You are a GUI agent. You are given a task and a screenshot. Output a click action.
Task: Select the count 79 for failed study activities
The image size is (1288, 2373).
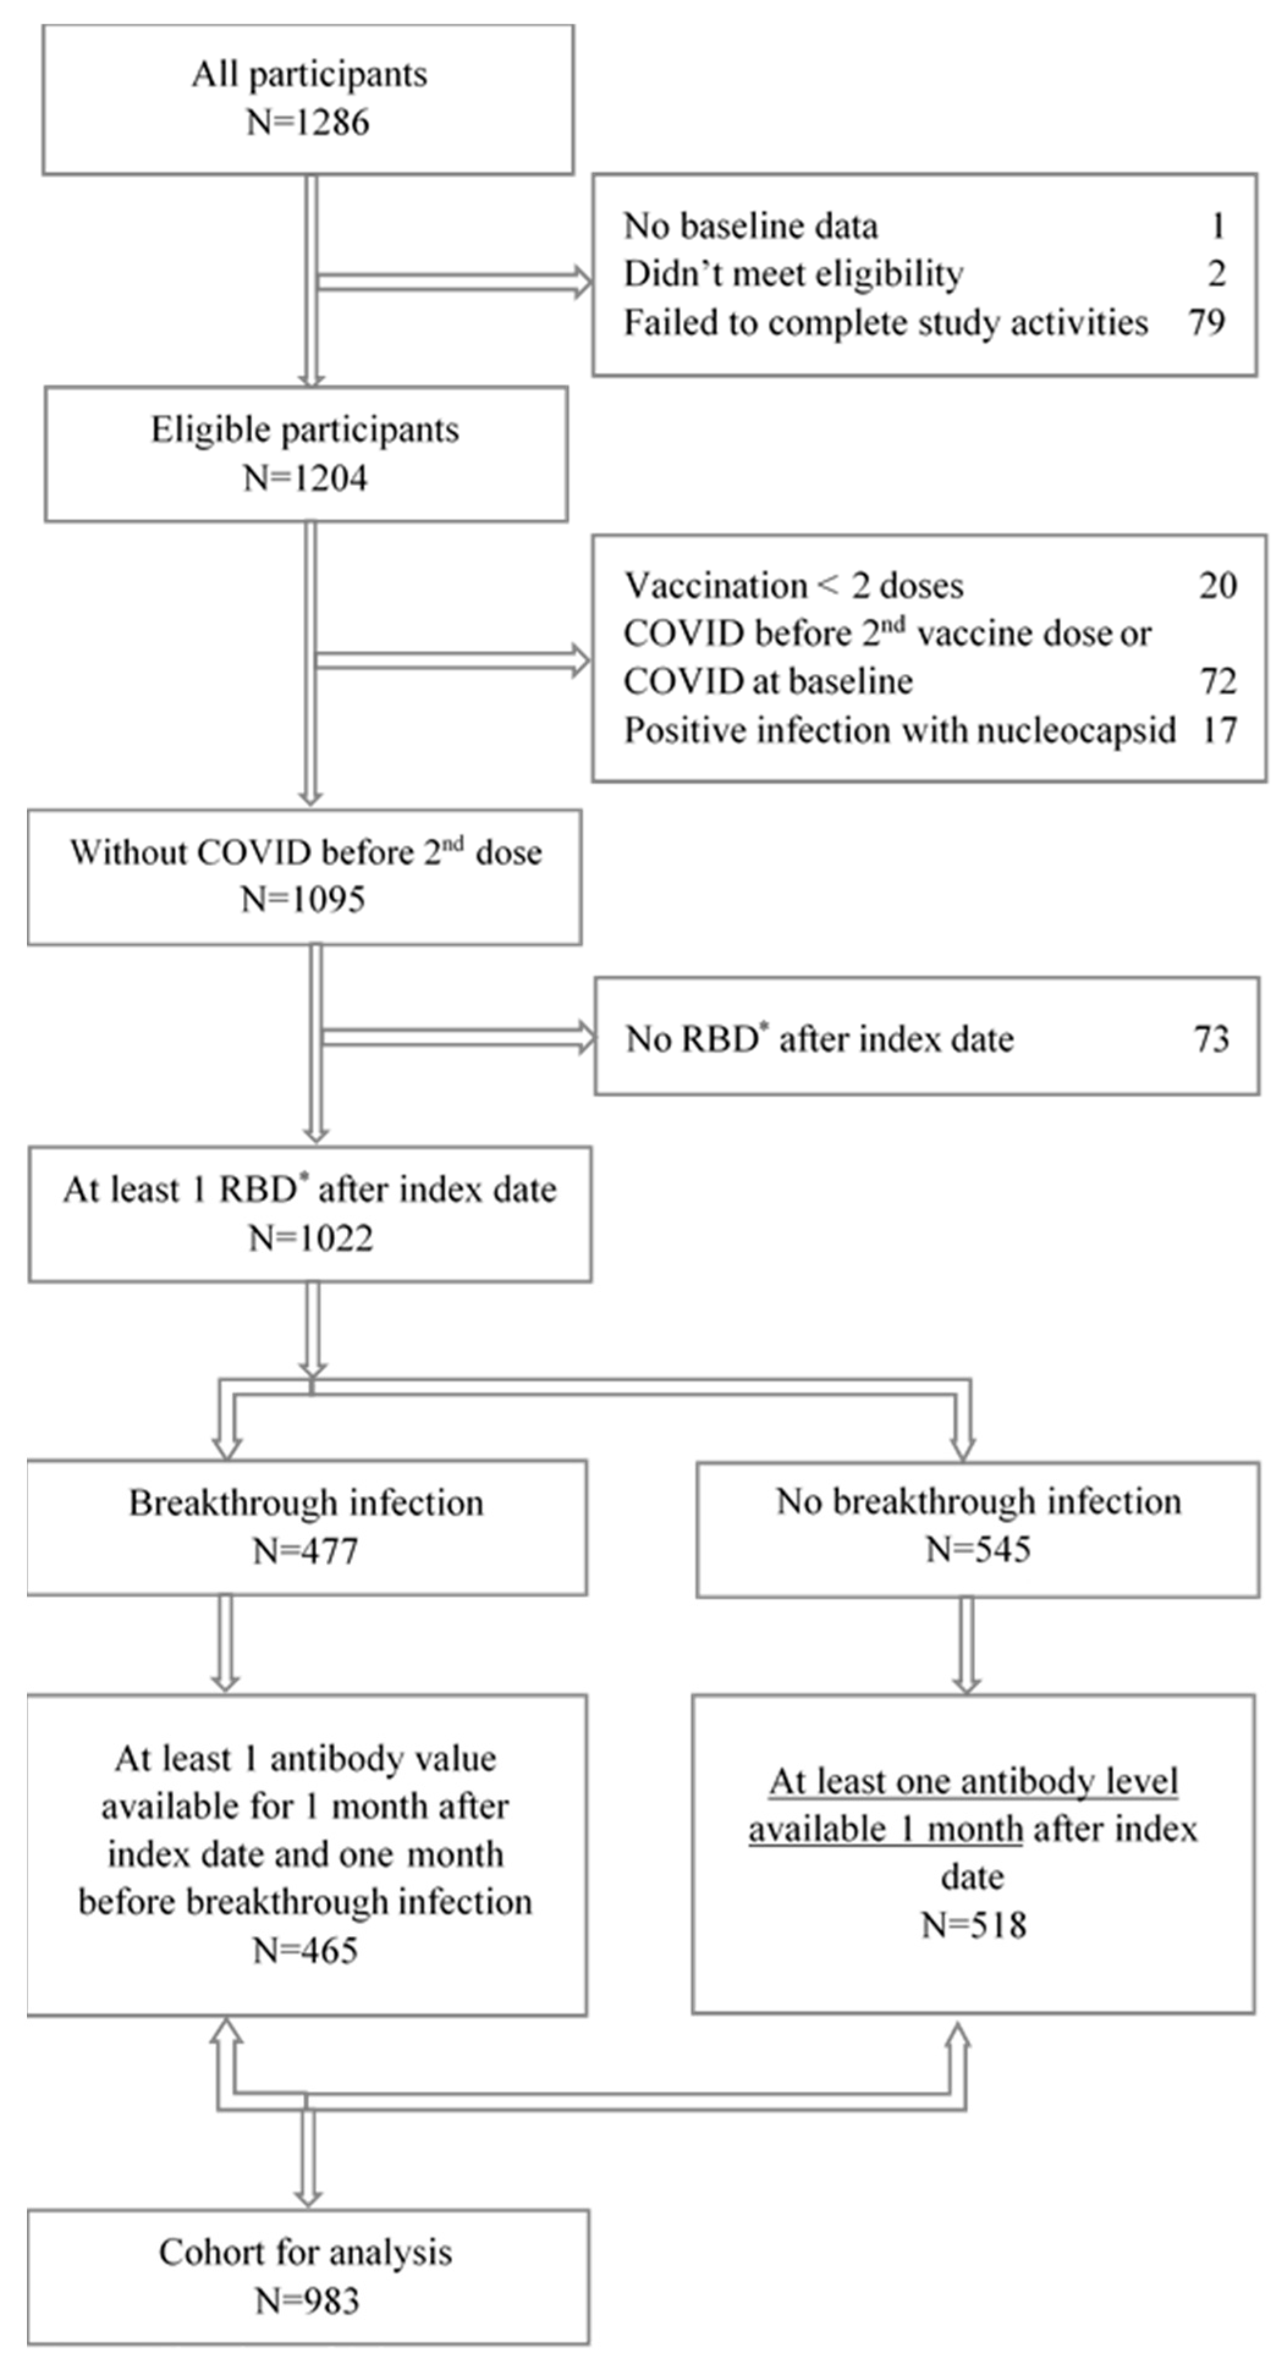tap(1206, 323)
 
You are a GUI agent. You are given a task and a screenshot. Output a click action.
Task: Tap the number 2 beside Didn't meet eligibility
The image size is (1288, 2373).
tap(1216, 274)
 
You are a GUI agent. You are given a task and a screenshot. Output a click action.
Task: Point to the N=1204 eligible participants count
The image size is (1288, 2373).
tap(305, 478)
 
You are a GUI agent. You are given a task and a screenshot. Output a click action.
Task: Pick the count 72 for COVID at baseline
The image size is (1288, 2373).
tap(1217, 682)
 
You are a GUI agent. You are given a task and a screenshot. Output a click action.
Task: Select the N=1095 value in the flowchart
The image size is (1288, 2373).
tap(303, 899)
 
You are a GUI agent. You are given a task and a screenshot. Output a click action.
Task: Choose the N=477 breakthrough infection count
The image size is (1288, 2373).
tap(305, 1551)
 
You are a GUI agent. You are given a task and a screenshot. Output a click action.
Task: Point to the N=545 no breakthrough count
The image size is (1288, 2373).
tap(978, 1549)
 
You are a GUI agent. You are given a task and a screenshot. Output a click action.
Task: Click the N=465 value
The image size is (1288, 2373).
tap(305, 1950)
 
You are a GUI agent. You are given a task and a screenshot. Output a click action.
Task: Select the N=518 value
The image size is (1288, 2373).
tap(974, 1925)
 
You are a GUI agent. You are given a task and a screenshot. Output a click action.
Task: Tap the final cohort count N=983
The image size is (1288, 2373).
tap(307, 2301)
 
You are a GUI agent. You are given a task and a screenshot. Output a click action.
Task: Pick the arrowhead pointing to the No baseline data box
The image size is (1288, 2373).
tap(582, 281)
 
